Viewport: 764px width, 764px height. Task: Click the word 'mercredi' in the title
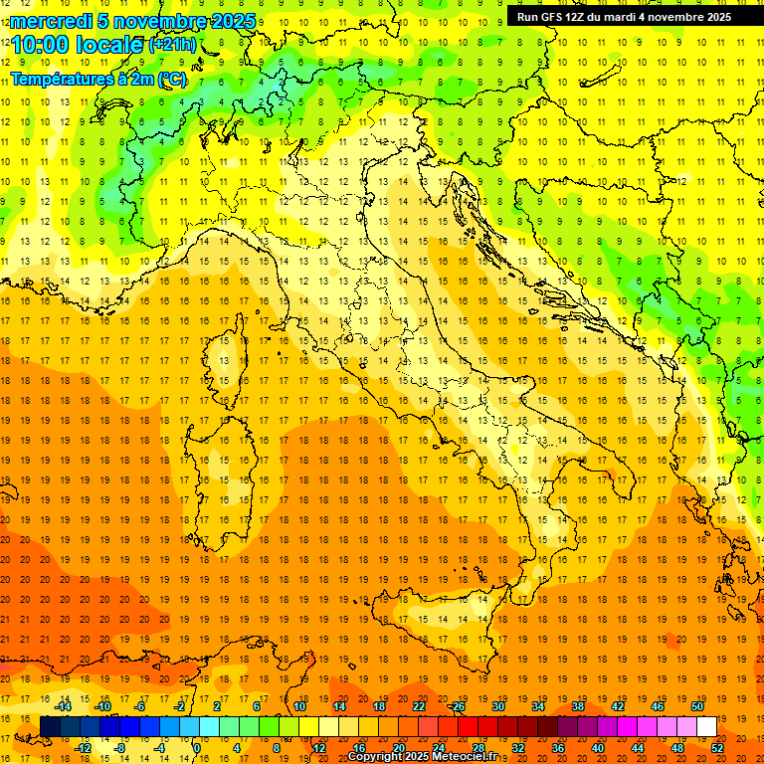(x=52, y=21)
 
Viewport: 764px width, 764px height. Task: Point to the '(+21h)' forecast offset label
(x=172, y=45)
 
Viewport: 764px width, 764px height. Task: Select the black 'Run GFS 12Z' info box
(x=624, y=16)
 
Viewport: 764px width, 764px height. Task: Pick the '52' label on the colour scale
(x=717, y=748)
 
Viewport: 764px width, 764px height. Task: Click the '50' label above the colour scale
(x=696, y=706)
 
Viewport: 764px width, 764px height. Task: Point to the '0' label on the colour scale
(x=196, y=748)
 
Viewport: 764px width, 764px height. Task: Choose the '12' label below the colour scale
(x=319, y=748)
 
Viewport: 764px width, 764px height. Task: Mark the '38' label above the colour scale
(x=577, y=706)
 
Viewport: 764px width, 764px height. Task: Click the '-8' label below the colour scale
(x=120, y=748)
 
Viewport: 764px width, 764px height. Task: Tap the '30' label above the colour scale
(x=497, y=706)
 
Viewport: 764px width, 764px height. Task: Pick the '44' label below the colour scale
(x=638, y=748)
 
